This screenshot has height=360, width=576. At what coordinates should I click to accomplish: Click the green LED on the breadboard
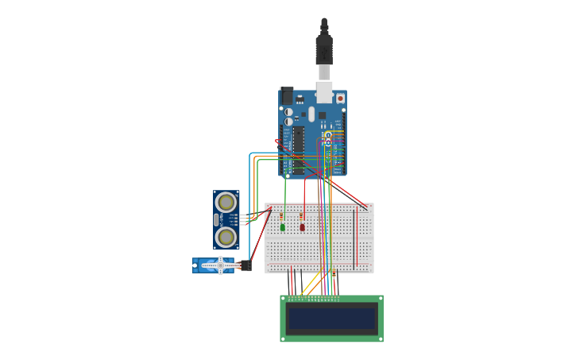coord(282,227)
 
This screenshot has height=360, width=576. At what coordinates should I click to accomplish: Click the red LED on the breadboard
coord(302,227)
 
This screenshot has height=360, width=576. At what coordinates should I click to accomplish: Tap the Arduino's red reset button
coord(340,99)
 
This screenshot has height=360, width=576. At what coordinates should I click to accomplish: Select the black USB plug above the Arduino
coord(323,48)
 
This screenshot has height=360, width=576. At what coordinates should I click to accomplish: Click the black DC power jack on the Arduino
coord(287,95)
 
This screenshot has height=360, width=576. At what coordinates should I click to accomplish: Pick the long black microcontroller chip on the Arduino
coord(298,149)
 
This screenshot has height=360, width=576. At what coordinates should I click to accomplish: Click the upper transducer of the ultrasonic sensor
coord(226,202)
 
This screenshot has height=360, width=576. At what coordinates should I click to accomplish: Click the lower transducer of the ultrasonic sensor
coord(226,236)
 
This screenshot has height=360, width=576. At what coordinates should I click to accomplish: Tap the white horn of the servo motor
coord(219,265)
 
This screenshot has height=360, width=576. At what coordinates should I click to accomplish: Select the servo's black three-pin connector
coord(246,265)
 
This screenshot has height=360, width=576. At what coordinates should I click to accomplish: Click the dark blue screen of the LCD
coord(331,319)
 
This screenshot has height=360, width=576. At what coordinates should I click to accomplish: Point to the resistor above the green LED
coord(281,215)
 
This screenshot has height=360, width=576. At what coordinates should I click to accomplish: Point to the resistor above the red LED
coord(301,215)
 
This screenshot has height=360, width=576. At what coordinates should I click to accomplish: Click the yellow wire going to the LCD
coord(311,285)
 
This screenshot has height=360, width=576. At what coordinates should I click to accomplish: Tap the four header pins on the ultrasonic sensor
coord(235,219)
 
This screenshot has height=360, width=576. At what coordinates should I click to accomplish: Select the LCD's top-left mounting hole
coord(283,299)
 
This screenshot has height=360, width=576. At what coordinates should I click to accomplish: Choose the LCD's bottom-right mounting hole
coord(381,339)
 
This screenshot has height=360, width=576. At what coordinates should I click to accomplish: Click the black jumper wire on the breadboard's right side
coord(354,238)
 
